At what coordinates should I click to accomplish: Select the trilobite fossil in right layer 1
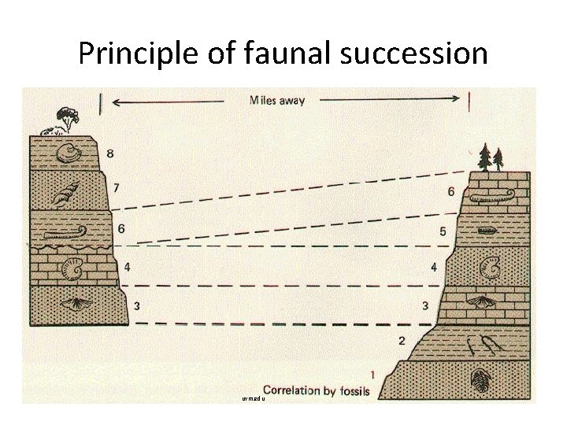click(481, 382)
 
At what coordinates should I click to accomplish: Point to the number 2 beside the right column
click(402, 341)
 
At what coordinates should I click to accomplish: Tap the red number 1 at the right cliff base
click(372, 373)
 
